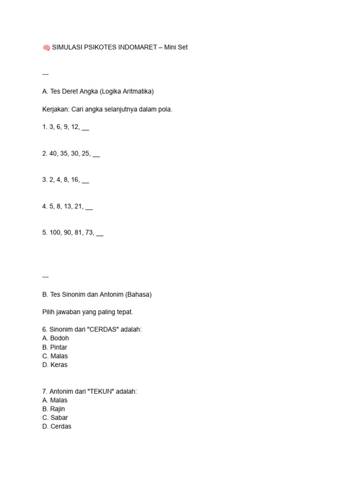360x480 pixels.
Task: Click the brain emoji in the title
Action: click(46, 47)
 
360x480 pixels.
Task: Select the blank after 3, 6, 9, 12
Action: click(85, 127)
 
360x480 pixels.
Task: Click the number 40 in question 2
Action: click(53, 153)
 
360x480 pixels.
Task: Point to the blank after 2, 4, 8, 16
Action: click(85, 180)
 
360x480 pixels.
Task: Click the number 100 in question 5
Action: click(55, 232)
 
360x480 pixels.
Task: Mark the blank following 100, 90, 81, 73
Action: click(99, 233)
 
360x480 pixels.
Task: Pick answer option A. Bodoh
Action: click(55, 338)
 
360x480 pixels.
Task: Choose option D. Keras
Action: click(55, 365)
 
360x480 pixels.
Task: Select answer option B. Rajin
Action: click(53, 409)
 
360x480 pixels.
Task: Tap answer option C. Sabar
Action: click(55, 418)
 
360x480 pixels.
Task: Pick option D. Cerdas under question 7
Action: click(57, 427)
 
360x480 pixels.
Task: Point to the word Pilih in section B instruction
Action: click(49, 312)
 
